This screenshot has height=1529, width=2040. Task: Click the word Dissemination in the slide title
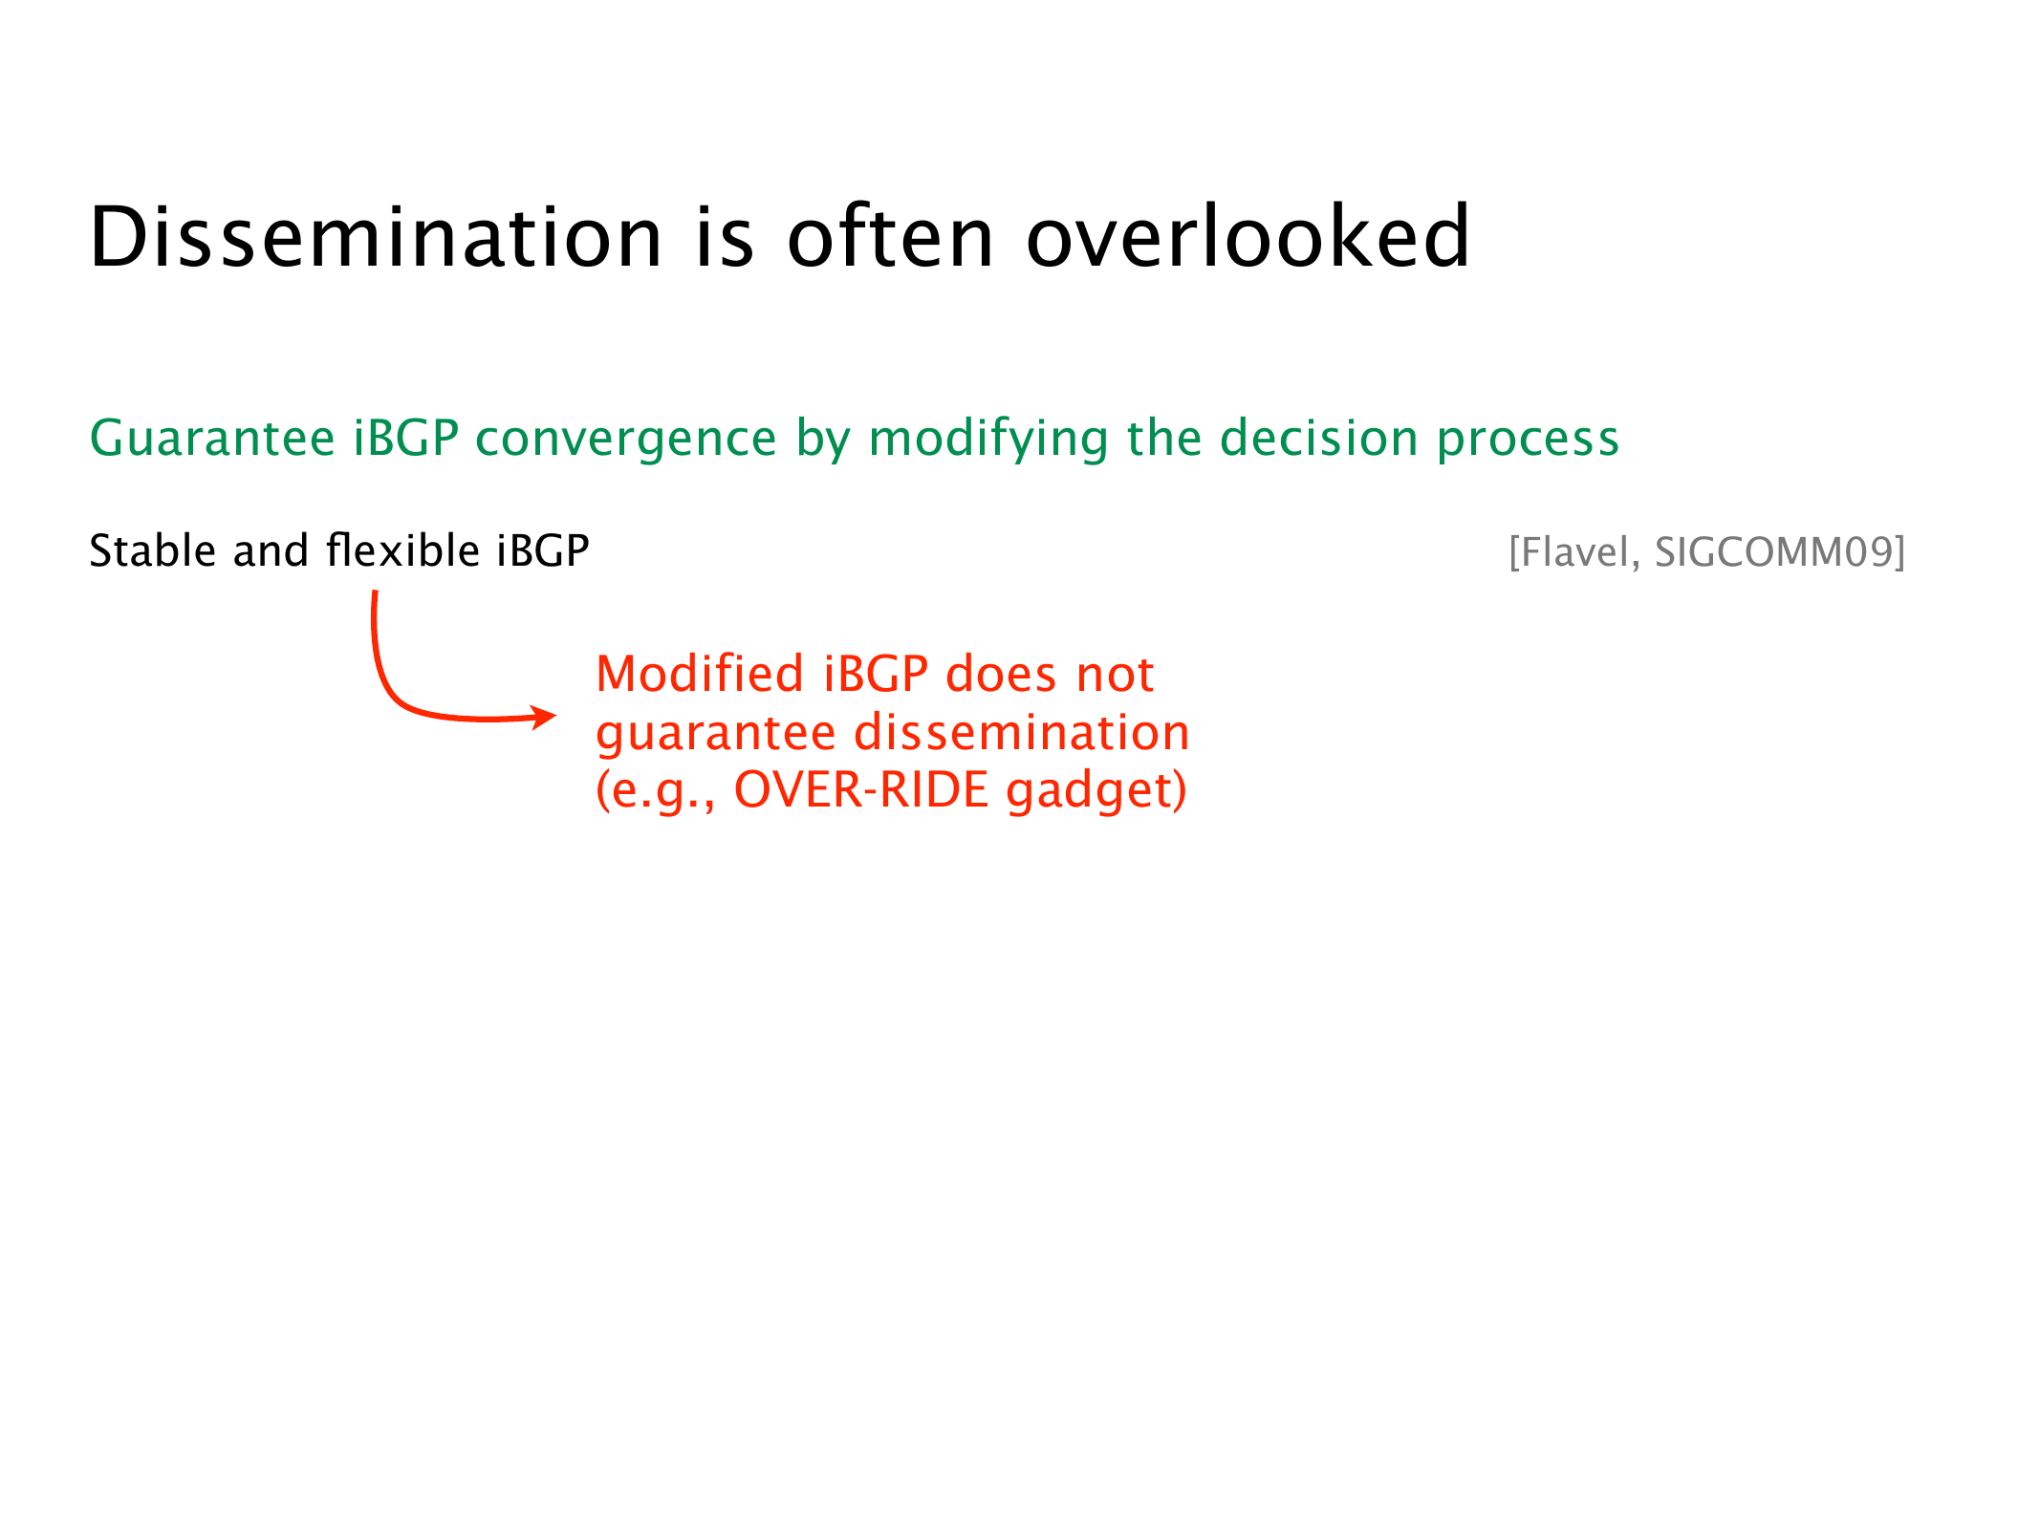pyautogui.click(x=376, y=237)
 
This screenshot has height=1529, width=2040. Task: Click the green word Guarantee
pyautogui.click(x=212, y=439)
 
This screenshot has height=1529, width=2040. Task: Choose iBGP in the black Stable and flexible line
pyautogui.click(x=543, y=551)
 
